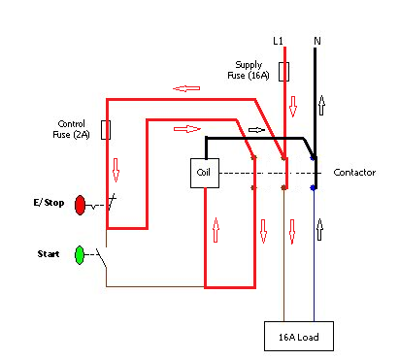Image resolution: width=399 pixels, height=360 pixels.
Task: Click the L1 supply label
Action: click(x=278, y=41)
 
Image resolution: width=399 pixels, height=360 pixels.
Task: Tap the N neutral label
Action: click(x=316, y=41)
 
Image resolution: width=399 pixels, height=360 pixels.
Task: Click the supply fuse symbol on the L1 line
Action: click(x=283, y=72)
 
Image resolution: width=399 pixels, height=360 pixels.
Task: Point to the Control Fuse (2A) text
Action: click(x=75, y=129)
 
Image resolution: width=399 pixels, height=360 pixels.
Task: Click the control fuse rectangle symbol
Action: click(x=106, y=129)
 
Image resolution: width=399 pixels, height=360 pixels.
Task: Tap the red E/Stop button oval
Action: click(x=80, y=205)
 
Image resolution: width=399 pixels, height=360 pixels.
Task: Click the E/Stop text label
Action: click(x=48, y=205)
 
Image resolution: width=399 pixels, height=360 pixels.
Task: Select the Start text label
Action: click(x=49, y=254)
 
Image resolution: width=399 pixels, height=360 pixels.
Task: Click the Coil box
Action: click(x=204, y=173)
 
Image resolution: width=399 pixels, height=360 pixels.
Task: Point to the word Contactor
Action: click(x=354, y=173)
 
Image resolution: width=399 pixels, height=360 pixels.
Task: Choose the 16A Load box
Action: click(x=299, y=336)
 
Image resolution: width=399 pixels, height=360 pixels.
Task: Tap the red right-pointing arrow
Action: click(x=184, y=128)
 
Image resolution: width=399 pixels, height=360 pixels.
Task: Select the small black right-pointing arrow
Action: click(x=255, y=128)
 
